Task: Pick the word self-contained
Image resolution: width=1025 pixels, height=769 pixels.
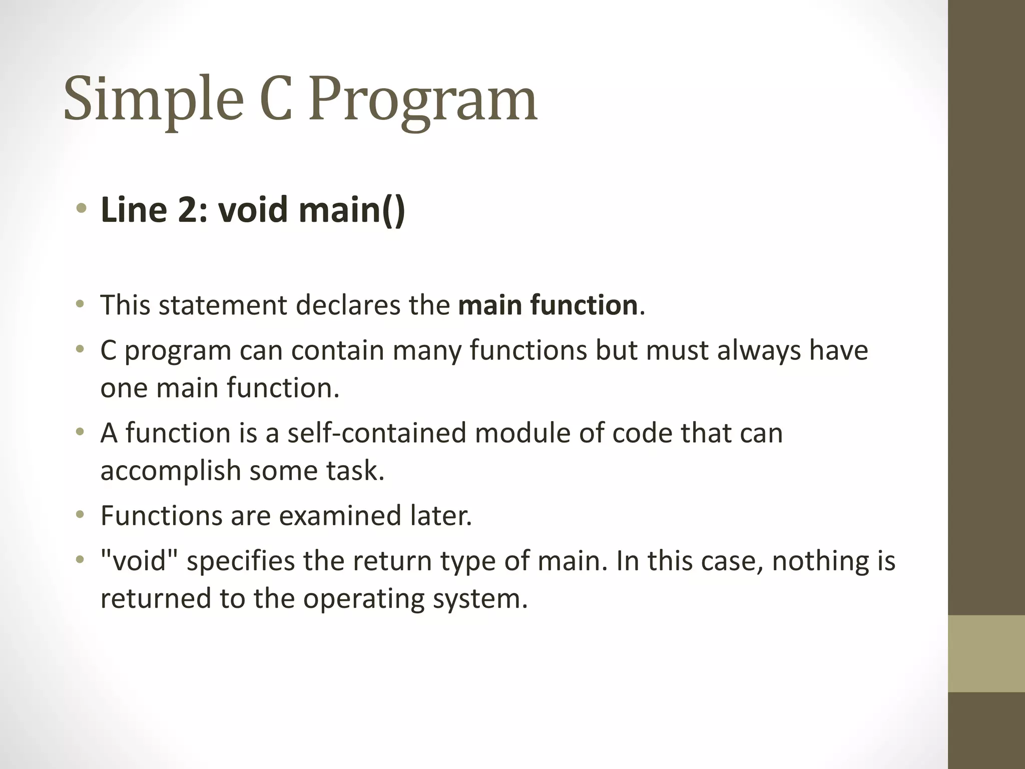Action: point(376,433)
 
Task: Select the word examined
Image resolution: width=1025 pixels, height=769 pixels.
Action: point(340,516)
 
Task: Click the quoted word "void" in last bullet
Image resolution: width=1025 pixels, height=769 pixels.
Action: point(140,561)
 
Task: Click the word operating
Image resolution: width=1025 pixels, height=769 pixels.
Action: point(363,599)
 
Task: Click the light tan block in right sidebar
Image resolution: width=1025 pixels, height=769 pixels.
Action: point(986,653)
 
